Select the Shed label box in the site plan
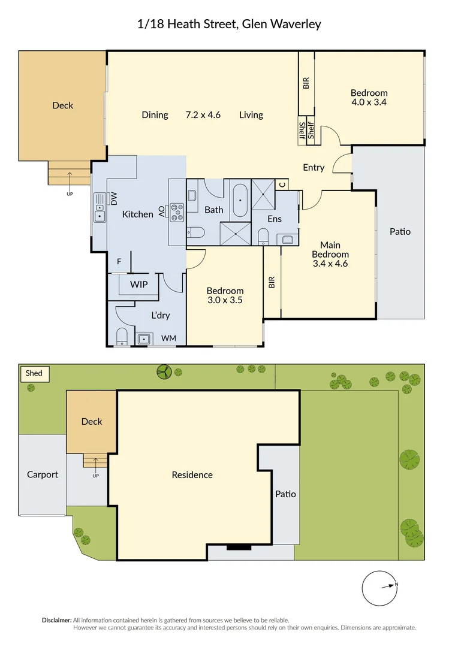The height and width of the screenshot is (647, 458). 34,373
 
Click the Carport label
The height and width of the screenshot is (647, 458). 43,474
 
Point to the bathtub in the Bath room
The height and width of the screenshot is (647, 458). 240,200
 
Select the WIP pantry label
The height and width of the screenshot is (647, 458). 138,285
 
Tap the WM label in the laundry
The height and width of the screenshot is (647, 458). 169,338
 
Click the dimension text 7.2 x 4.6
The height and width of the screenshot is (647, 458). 203,115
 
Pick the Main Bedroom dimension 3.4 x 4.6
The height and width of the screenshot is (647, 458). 330,263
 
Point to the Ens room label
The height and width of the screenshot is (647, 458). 275,219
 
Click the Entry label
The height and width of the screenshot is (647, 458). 314,168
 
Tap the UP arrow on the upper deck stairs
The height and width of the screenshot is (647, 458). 70,178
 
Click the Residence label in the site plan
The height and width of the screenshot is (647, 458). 192,475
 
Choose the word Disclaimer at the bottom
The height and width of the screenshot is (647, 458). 56,620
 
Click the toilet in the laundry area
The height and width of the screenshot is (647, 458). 122,337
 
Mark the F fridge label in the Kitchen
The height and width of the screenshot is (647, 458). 119,261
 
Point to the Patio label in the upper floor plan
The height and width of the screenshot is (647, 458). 400,231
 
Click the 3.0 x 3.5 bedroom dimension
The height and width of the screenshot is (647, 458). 225,301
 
